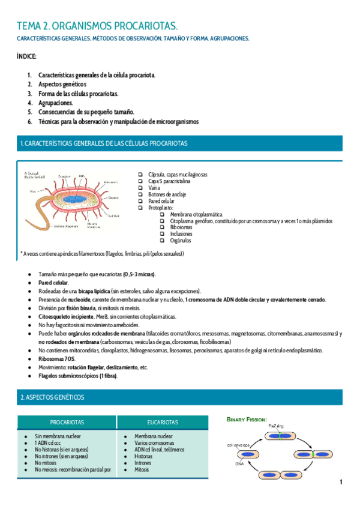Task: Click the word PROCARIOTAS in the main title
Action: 145,26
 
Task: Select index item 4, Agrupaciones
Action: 56,103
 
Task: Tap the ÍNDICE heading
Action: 27,56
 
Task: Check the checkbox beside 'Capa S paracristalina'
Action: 140,181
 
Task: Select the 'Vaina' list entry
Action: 154,187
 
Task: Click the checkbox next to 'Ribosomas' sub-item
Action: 163,227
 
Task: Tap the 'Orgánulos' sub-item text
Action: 181,241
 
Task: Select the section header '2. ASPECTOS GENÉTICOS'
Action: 53,397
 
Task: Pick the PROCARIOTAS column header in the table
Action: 67,422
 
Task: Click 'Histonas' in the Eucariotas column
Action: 145,456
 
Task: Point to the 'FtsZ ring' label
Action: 276,426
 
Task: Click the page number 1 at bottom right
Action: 341,482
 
